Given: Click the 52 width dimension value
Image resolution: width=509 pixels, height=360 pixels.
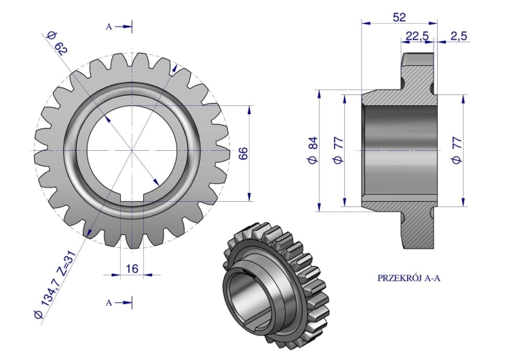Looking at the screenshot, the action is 399,17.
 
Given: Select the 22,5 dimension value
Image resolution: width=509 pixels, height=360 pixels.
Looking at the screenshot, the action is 417,36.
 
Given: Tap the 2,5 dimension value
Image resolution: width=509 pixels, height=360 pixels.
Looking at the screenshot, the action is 459,36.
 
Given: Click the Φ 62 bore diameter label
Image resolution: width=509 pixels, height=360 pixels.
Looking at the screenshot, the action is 57,44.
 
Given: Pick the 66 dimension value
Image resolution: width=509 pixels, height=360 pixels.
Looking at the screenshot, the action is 243,153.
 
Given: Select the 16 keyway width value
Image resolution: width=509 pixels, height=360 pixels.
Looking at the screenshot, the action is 132,269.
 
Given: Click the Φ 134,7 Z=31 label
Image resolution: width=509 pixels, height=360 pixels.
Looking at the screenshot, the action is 55,285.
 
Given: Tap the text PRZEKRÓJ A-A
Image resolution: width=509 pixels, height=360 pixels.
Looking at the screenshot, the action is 409,278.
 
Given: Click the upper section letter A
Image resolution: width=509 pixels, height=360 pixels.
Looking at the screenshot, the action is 109,27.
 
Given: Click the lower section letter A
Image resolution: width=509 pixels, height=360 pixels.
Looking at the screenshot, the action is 109,303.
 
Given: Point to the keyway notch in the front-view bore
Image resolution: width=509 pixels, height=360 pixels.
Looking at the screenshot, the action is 132,199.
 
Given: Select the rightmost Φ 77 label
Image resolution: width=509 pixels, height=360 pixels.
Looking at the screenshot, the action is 457,150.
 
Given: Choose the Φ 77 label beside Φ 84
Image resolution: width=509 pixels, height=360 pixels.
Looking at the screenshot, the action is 338,150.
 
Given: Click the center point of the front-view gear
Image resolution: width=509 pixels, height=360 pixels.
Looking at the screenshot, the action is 132,150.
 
